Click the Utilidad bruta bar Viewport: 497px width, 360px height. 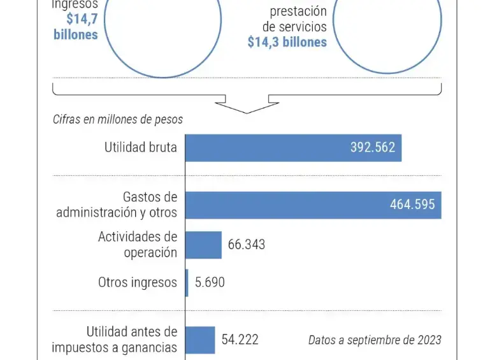pos(293,148)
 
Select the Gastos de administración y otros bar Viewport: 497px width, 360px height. pos(313,205)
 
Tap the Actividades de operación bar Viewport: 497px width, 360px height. pos(203,245)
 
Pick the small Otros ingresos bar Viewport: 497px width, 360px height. pos(187,282)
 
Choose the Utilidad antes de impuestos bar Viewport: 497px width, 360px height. pos(200,340)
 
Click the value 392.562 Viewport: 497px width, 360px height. pos(373,148)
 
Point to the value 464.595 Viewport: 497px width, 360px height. pos(412,205)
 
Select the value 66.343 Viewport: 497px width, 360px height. pos(247,245)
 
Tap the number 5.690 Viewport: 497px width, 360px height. pos(210,282)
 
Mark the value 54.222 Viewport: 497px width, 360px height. pos(240,340)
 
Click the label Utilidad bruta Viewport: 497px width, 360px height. pos(141,148)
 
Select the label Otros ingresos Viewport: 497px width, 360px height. pos(138,282)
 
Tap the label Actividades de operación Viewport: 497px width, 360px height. pos(138,245)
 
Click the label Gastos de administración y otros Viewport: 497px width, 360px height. pos(117,205)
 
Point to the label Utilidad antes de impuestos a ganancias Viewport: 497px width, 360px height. pos(115,340)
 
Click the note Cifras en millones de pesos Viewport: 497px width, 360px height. pos(118,120)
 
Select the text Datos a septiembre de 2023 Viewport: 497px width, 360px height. pos(375,340)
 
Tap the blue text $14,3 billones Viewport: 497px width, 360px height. pos(287,42)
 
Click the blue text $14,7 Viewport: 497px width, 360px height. pos(82,19)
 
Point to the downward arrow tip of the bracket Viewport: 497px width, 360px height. pos(247,112)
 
